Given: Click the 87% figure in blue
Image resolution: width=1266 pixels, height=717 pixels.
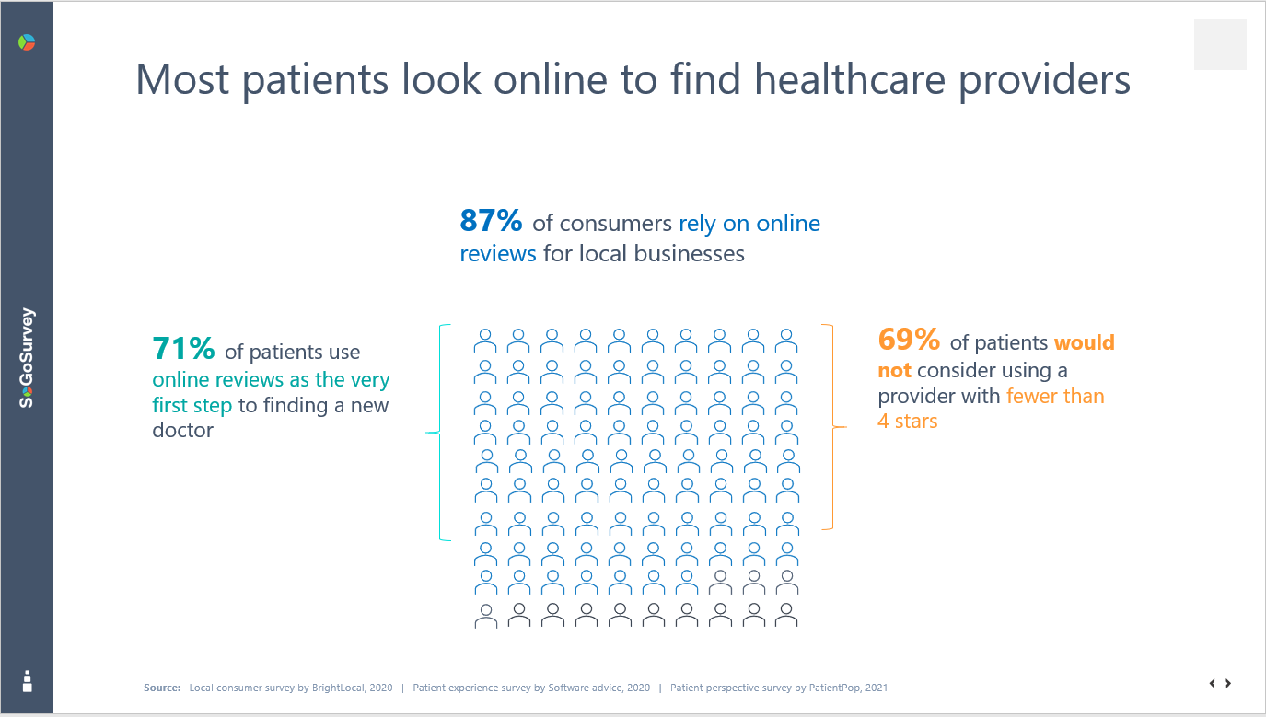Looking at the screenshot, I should (x=491, y=222).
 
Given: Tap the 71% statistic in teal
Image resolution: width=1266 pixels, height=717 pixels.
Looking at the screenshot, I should (x=183, y=350).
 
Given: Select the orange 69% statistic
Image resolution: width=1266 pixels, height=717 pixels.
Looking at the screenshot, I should (x=909, y=341).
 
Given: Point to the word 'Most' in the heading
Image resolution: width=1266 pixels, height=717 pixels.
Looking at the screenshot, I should (x=181, y=79).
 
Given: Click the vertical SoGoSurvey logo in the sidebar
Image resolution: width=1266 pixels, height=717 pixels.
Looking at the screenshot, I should (x=28, y=357).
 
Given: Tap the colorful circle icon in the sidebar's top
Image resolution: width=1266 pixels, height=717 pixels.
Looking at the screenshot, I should (x=27, y=42).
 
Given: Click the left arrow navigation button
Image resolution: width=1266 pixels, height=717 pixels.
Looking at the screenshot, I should (x=1213, y=683).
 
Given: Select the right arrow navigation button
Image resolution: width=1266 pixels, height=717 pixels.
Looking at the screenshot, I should (x=1228, y=683).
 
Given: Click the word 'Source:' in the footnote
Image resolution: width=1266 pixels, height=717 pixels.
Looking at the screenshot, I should (x=162, y=688).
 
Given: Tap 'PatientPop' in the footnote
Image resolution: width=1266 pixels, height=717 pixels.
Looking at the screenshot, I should (x=834, y=688).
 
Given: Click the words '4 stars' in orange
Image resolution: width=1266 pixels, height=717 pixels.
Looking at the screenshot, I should (x=907, y=422).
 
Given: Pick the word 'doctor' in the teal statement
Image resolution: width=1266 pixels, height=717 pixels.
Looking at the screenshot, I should (x=182, y=430).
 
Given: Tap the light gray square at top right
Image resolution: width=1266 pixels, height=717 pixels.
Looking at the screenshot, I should (x=1220, y=44).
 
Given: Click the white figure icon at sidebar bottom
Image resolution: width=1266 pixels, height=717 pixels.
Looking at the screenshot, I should (x=27, y=681).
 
